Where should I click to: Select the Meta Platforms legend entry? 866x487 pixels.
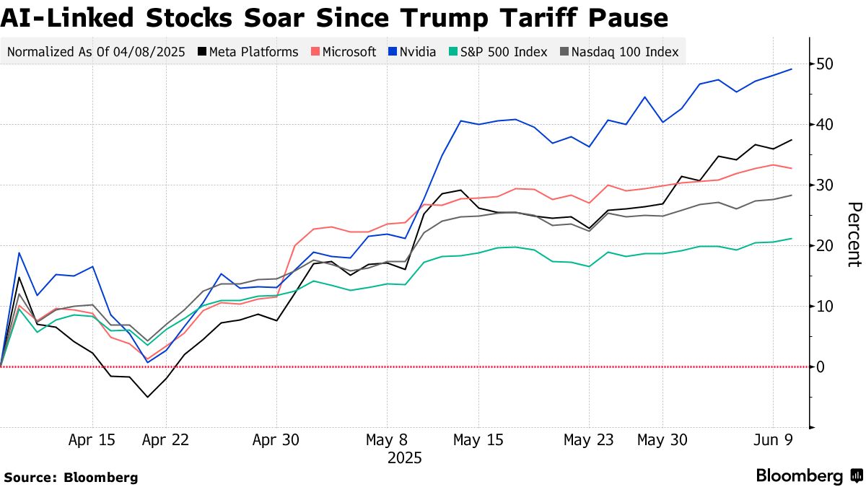(249, 52)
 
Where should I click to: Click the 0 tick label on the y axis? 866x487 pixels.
(821, 367)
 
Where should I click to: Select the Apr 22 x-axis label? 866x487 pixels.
(166, 439)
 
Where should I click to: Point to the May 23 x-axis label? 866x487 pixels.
(590, 439)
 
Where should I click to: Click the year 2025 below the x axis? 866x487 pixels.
(405, 457)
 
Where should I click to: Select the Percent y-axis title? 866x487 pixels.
(854, 234)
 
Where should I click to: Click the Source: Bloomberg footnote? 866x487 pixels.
(70, 477)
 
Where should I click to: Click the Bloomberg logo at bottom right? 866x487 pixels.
(808, 475)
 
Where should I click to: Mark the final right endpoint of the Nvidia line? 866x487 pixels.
(792, 69)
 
